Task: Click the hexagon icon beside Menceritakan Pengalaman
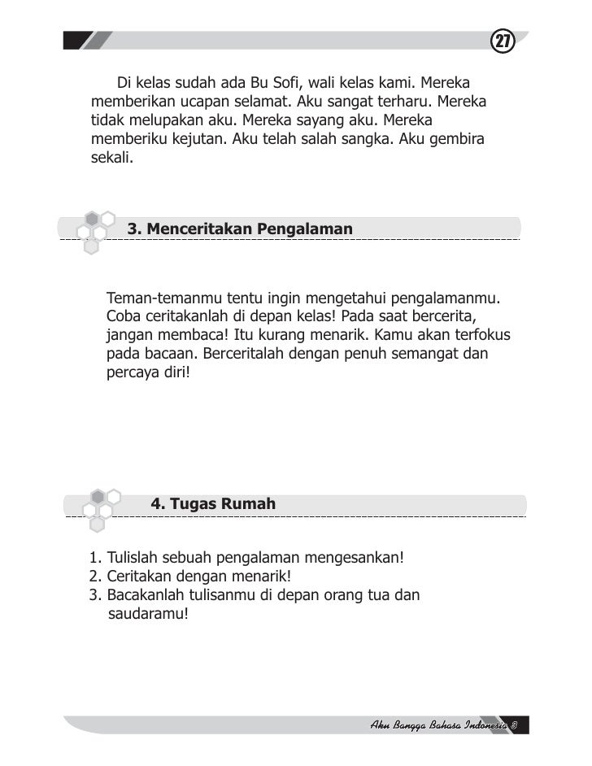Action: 95,230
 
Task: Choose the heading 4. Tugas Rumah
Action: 214,504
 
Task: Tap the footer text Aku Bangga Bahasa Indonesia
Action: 439,725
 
